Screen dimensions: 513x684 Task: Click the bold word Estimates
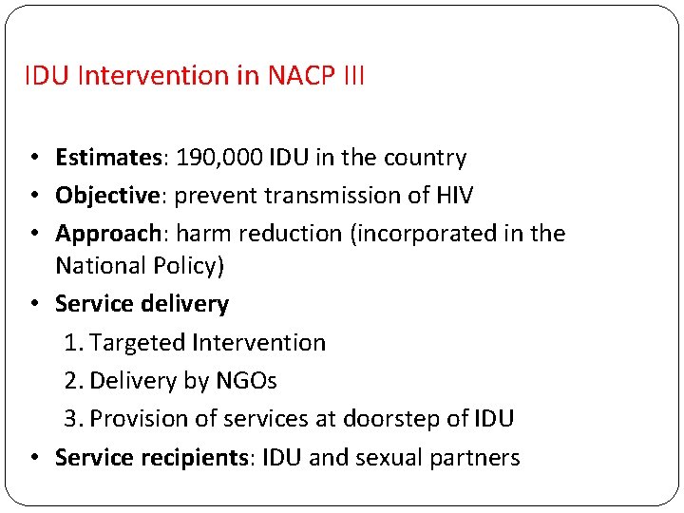click(109, 158)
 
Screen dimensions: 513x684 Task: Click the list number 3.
click(71, 419)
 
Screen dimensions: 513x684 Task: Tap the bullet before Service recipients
click(34, 458)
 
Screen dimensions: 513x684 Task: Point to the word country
click(425, 158)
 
